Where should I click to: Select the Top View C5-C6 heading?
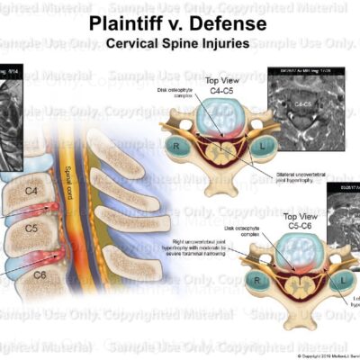278,224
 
